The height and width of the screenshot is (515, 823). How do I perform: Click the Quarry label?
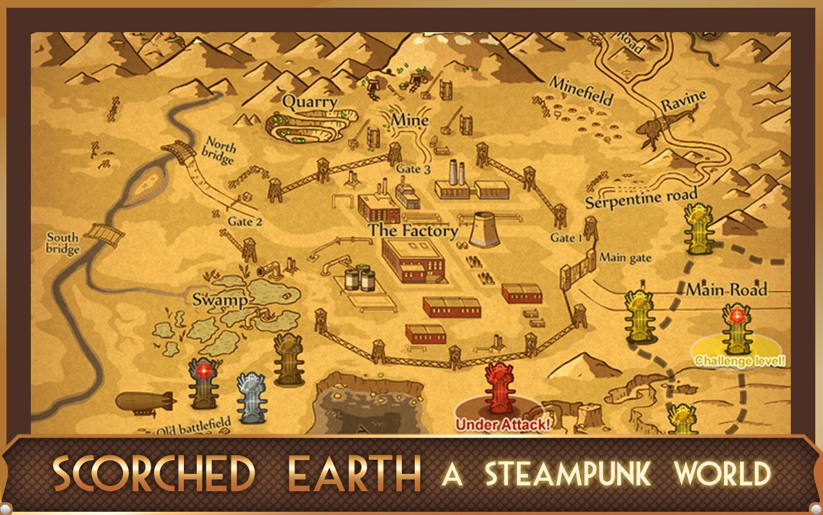click(x=310, y=102)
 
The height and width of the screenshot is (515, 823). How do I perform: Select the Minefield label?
click(x=581, y=90)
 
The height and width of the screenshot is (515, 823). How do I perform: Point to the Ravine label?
click(x=684, y=102)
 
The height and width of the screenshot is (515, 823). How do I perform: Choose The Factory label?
click(x=413, y=230)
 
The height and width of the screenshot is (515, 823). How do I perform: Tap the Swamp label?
click(x=220, y=299)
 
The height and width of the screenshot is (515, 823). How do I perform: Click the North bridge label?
click(x=219, y=151)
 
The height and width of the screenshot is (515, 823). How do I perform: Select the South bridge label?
click(x=63, y=243)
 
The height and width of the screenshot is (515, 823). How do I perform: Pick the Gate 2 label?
click(x=245, y=221)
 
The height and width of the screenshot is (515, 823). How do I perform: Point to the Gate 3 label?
click(x=413, y=169)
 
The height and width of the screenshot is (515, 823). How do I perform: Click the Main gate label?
click(x=625, y=257)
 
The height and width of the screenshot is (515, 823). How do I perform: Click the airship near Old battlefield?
click(x=146, y=402)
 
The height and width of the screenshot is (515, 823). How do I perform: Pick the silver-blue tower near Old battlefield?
click(x=250, y=398)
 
